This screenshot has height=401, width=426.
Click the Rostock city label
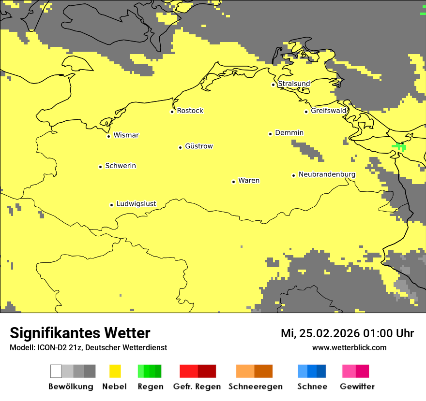pos(190,111)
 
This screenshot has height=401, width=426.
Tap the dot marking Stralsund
pos(274,85)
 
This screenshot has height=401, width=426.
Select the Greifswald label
pos(328,111)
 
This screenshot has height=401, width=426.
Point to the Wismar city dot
pos(108,136)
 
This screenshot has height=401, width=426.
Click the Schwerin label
pos(121,166)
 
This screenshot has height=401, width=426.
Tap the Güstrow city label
pos(198,146)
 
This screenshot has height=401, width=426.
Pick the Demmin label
pos(289,132)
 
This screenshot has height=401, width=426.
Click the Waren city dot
pos(233,182)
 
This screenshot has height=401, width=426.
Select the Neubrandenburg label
pos(327,174)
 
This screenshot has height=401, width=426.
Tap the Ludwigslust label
pos(136,204)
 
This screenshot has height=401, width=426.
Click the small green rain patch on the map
pos(400,146)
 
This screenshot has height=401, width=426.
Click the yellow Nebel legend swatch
pos(115,371)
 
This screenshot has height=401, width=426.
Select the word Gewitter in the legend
pos(357,387)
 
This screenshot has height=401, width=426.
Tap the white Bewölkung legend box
pos(56,371)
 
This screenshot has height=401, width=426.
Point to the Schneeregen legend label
pos(255,387)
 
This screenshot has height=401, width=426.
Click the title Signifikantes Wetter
pos(80,333)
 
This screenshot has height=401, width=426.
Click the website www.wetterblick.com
pos(349,347)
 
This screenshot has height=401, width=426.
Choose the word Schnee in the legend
pos(312,387)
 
